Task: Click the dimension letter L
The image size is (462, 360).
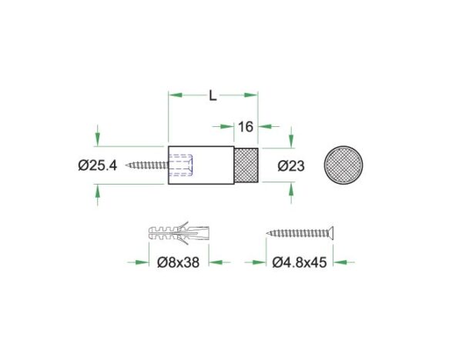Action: click(x=213, y=95)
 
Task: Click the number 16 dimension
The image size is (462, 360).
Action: click(x=246, y=127)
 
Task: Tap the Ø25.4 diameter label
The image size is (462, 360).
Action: click(x=98, y=165)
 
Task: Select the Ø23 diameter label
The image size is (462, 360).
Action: click(x=291, y=166)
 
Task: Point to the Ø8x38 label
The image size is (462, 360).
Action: click(x=179, y=262)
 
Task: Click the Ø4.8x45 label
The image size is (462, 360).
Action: click(x=300, y=262)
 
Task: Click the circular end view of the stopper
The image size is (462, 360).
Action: click(x=343, y=165)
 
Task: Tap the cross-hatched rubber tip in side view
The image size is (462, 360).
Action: click(x=246, y=165)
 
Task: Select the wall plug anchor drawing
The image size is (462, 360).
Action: click(x=179, y=233)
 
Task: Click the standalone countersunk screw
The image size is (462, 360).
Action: click(x=300, y=233)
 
